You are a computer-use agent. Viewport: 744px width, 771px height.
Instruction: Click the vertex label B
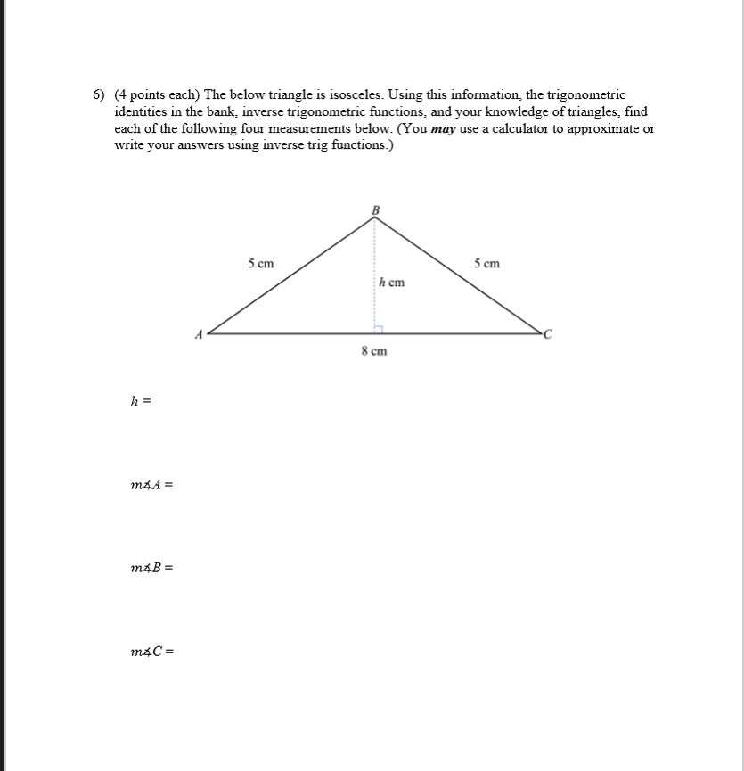[x=375, y=209]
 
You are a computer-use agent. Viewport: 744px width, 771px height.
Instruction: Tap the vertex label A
[x=200, y=335]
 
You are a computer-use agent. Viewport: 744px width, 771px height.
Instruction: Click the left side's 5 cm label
[x=261, y=264]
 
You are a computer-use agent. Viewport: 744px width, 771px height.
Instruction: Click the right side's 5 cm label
[x=487, y=264]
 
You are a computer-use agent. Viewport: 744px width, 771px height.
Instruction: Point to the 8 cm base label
[x=374, y=351]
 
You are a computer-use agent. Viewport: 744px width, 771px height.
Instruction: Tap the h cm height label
[x=392, y=283]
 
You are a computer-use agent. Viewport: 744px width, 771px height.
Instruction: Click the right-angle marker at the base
[x=378, y=329]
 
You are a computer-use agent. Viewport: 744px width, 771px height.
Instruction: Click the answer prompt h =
[x=141, y=402]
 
